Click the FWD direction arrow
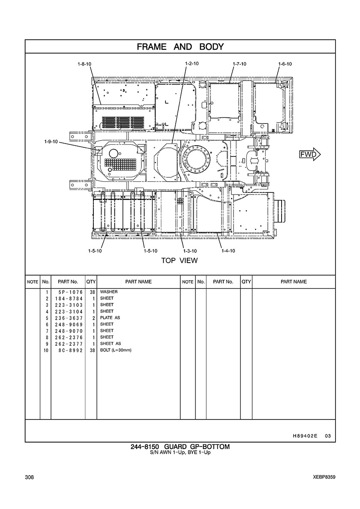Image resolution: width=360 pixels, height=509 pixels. coord(310,155)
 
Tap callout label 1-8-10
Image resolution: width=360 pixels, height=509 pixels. coord(84,64)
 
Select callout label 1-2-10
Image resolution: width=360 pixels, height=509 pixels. coord(192,63)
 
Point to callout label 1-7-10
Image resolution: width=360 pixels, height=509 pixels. coord(240,64)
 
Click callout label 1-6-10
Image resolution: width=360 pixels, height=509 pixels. coord(285,64)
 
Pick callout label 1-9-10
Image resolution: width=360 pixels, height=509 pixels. coord(51,141)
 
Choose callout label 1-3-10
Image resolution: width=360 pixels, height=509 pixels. coord(190,251)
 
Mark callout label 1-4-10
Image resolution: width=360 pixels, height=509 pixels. coord(228,251)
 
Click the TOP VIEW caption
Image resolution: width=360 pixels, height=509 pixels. coord(180,260)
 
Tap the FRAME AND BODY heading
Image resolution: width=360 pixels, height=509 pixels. coord(180,47)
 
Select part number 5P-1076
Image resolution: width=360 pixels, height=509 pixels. coord(69,292)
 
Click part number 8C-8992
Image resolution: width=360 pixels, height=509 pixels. coord(69,350)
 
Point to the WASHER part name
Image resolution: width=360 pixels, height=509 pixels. coord(109,292)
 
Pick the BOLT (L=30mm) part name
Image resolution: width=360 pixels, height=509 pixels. coord(116,350)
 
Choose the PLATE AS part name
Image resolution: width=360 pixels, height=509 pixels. coord(110,318)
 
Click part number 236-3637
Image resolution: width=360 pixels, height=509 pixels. coord(69,318)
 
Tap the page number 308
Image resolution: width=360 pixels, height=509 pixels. coord(29,477)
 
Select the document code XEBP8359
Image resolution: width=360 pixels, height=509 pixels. coord(324,477)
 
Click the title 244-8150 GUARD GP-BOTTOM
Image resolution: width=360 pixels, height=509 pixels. coord(180,447)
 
